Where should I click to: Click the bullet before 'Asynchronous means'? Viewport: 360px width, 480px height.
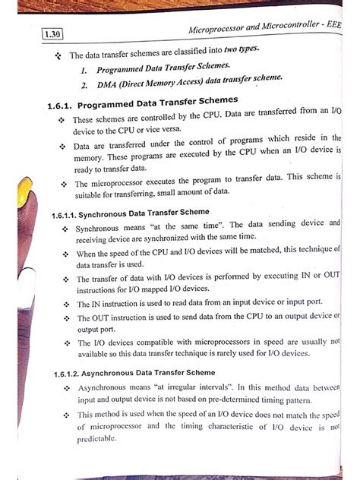pyautogui.click(x=66, y=388)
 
